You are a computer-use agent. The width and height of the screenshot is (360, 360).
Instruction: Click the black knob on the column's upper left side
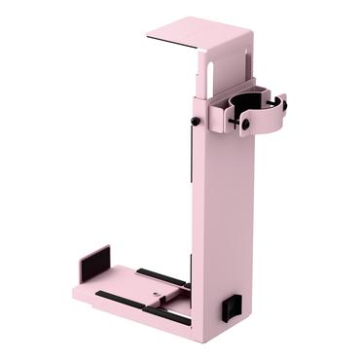[196, 122]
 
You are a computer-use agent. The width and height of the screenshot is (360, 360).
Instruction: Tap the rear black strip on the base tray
[161, 276]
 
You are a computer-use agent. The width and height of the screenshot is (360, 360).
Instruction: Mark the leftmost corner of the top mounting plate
[147, 38]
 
